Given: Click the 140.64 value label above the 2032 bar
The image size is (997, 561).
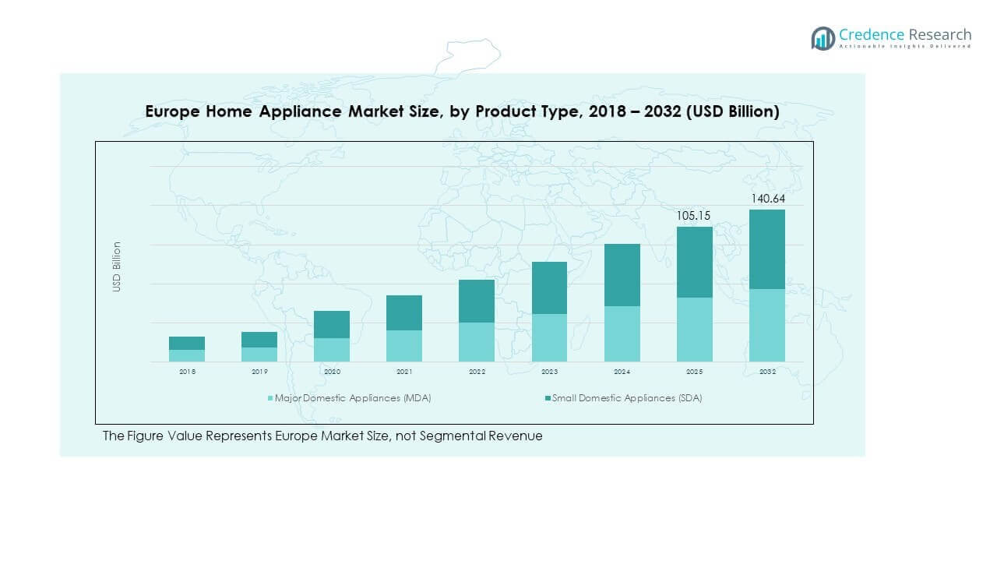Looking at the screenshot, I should (767, 199).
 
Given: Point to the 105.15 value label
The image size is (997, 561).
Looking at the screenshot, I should (695, 216).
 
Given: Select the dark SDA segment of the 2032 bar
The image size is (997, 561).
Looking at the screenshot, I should (767, 249).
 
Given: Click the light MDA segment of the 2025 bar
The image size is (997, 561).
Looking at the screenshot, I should (695, 330).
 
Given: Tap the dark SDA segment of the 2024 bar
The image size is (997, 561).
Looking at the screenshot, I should (622, 275).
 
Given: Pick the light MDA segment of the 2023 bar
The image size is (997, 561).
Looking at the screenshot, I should (549, 337).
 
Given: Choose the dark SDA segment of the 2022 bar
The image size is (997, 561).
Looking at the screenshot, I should (477, 301).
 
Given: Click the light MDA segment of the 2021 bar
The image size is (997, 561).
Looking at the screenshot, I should (404, 346).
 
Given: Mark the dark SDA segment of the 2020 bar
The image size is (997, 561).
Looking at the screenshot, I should (332, 324).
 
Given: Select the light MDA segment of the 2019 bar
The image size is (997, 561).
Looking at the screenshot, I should (259, 355).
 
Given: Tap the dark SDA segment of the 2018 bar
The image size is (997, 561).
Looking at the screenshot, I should (187, 343).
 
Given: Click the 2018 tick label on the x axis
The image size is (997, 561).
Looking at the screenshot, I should (187, 372).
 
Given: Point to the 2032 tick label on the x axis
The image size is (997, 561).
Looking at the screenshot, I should (767, 372).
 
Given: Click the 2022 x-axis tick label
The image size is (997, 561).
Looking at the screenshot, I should (477, 372).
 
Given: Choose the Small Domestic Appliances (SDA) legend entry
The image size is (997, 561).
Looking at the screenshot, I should (626, 398).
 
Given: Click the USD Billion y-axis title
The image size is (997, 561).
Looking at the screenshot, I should (117, 266).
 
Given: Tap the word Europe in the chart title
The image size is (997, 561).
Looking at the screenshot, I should (173, 111).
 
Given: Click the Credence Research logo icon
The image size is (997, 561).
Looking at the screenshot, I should (823, 38).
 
